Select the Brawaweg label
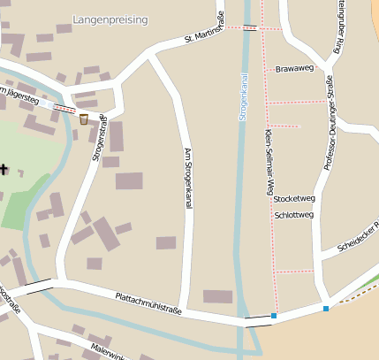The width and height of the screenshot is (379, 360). click(294, 68)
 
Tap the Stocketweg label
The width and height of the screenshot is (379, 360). click(294, 198)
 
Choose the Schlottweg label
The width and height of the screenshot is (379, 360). click(294, 214)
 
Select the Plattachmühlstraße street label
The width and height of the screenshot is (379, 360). click(148, 301)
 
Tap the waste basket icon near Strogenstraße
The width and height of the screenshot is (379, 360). click(83, 119)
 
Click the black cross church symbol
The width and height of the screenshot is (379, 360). click(4, 168)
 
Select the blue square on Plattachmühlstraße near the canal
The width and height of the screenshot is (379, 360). click(274, 316)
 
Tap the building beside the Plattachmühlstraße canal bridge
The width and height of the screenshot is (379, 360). click(217, 296)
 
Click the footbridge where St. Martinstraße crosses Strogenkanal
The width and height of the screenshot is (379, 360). click(251, 28)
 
